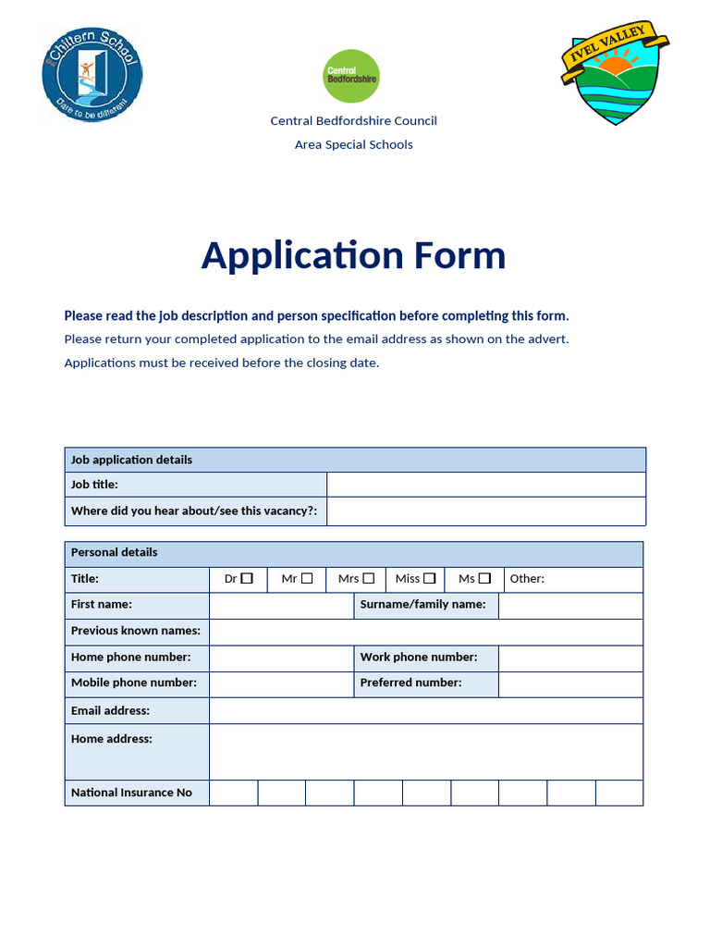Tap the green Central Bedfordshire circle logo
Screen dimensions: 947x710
[351, 76]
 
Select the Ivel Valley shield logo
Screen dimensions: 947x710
[615, 74]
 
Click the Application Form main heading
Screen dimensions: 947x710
[353, 255]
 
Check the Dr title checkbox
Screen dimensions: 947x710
[247, 578]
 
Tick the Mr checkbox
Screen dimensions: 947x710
[307, 578]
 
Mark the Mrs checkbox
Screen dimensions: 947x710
[369, 578]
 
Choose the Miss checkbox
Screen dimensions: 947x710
[429, 578]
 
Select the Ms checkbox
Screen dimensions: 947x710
[484, 578]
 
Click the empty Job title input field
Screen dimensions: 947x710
[486, 485]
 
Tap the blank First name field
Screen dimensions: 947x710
[281, 605]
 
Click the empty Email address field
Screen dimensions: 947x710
[425, 710]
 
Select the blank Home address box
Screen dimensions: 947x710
[425, 751]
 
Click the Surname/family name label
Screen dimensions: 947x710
[422, 605]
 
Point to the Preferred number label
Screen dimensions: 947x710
[410, 683]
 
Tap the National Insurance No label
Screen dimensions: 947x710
[131, 793]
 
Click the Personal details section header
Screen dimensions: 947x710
[115, 552]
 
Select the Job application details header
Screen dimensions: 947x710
[131, 460]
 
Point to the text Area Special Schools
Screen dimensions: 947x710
[353, 144]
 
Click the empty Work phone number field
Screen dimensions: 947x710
[569, 658]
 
